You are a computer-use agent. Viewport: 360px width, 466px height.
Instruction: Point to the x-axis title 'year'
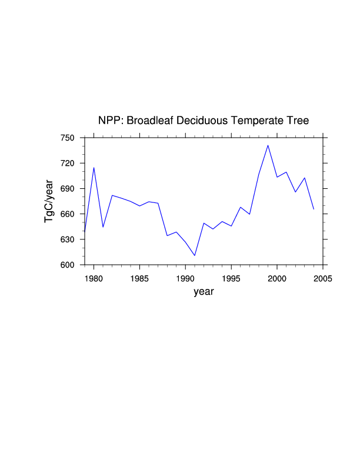pyautogui.click(x=204, y=292)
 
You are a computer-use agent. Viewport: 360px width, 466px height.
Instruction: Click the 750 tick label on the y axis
pyautogui.click(x=69, y=138)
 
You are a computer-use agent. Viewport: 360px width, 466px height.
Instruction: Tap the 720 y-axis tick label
pyautogui.click(x=69, y=163)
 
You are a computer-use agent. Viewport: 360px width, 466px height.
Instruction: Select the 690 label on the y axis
pyautogui.click(x=69, y=189)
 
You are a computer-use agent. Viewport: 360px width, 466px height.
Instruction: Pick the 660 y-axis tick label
pyautogui.click(x=69, y=214)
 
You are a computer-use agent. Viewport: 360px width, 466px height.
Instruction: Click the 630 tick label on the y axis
pyautogui.click(x=69, y=239)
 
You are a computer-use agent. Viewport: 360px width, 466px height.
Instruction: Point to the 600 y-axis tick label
pyautogui.click(x=69, y=265)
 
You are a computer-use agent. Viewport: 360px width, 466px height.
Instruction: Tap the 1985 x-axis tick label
pyautogui.click(x=139, y=278)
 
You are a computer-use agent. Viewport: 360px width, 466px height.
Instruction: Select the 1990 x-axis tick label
pyautogui.click(x=185, y=278)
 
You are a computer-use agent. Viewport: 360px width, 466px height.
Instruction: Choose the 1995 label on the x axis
pyautogui.click(x=231, y=278)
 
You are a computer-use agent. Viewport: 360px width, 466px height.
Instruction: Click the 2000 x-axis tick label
pyautogui.click(x=277, y=278)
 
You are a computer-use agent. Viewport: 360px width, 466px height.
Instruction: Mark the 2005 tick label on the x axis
pyautogui.click(x=322, y=278)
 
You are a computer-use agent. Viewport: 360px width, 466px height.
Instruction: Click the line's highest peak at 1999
pyautogui.click(x=268, y=145)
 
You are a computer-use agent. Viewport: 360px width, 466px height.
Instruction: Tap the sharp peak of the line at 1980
pyautogui.click(x=94, y=168)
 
